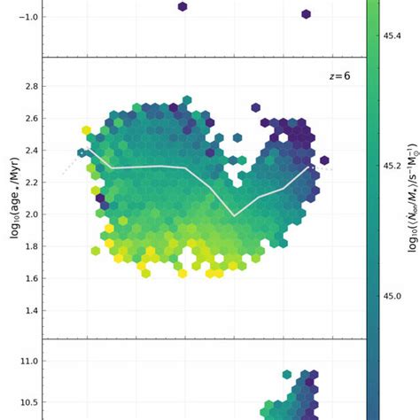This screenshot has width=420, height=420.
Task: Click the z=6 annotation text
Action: coord(339,77)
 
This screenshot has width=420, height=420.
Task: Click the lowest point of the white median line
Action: coord(234,215)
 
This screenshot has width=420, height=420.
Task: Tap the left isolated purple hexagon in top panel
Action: coord(183,6)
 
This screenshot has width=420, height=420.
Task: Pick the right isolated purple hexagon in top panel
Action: coord(306,14)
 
